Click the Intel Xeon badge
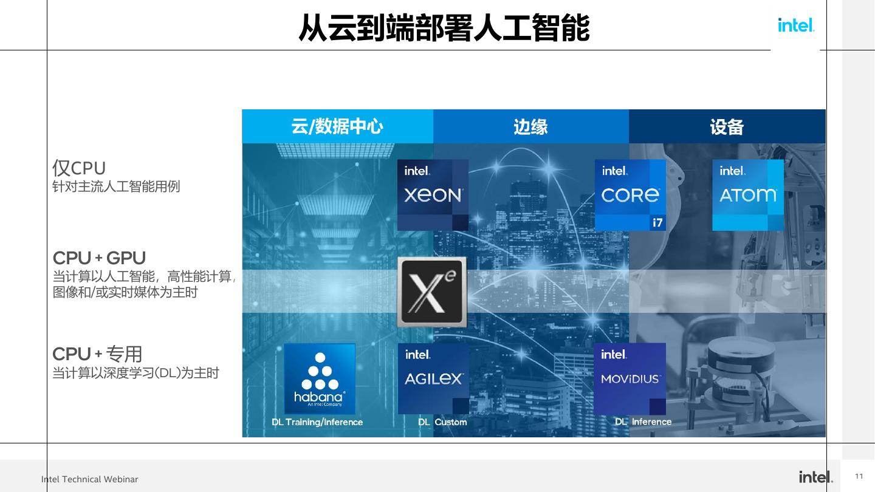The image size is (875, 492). click(433, 195)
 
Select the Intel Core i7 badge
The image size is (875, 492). click(630, 195)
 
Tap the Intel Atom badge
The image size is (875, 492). click(747, 195)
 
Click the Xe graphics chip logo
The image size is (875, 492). click(432, 292)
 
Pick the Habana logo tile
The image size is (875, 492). click(320, 379)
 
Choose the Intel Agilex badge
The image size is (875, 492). click(433, 378)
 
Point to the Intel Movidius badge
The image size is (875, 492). click(630, 378)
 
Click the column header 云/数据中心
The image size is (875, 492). click(337, 126)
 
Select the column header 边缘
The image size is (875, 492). click(530, 126)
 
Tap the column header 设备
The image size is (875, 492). click(727, 127)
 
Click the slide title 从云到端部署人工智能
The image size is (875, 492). click(444, 27)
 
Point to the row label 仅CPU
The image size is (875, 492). click(79, 168)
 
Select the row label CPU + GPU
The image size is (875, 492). click(99, 258)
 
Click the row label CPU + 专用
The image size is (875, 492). click(97, 354)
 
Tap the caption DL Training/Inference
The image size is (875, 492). click(317, 422)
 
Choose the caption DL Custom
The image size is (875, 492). click(442, 422)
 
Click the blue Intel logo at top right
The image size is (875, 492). click(796, 25)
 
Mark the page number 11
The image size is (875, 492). click(859, 476)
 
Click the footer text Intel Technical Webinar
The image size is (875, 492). click(90, 479)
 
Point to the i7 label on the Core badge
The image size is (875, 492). click(657, 223)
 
